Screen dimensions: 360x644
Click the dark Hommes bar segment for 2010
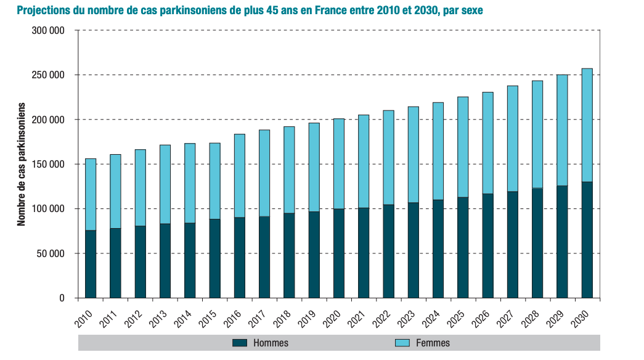tap(91, 264)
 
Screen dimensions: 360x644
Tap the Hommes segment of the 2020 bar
tap(339, 253)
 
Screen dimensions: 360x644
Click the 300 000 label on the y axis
tap(48, 31)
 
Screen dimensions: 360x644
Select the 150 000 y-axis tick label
tap(48, 165)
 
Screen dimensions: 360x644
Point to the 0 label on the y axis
tap(62, 298)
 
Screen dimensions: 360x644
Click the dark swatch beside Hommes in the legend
tap(240, 343)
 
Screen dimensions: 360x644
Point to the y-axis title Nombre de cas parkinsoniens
tap(22, 164)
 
